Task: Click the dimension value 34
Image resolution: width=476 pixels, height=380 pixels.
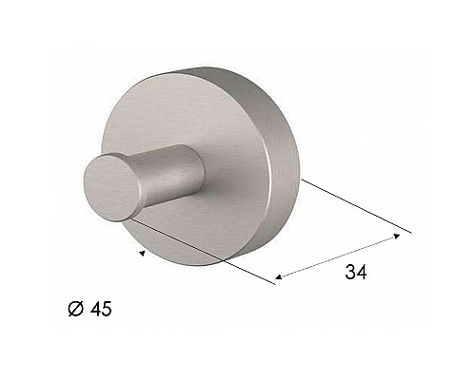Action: coord(356,273)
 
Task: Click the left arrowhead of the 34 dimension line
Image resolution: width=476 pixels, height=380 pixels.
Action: coord(277,280)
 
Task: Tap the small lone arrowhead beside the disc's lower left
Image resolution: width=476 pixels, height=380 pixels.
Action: coord(142,254)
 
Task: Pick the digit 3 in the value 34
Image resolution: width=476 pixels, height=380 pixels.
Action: coord(349,273)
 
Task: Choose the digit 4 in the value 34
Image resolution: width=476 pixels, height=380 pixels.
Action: coord(363,273)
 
